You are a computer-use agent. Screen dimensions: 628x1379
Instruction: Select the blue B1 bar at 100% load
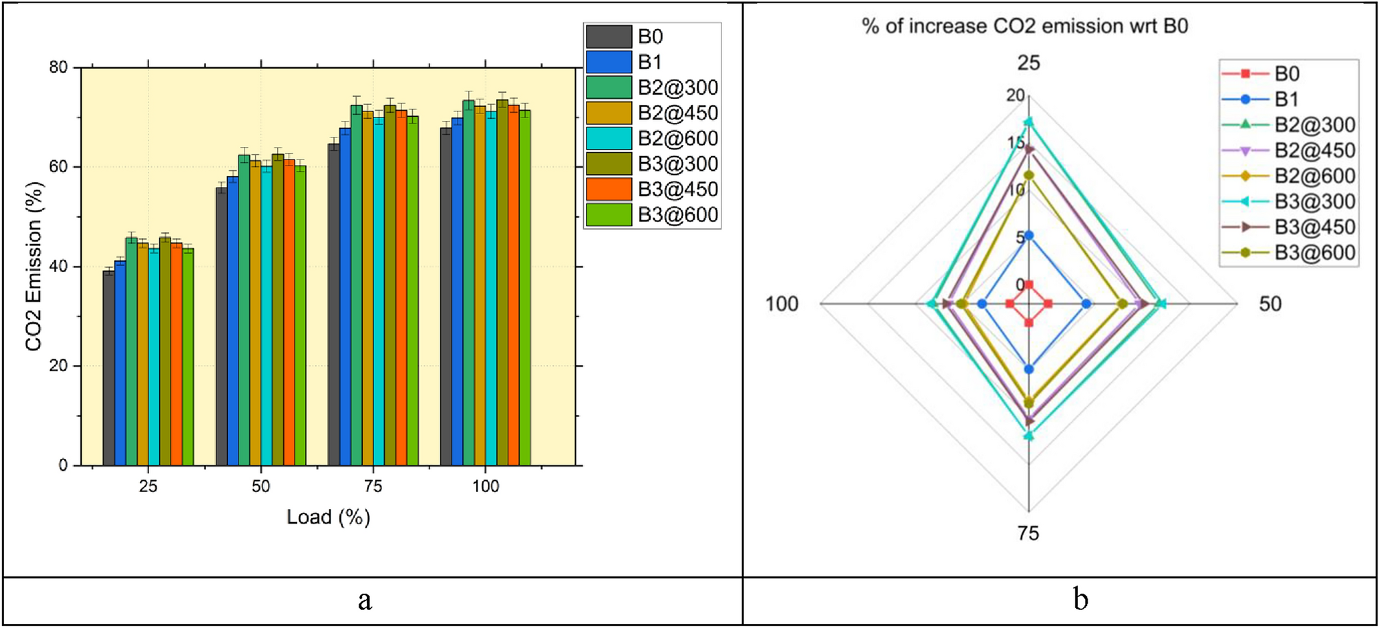[457, 292]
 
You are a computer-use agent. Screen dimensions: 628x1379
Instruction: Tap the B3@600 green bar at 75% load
[412, 291]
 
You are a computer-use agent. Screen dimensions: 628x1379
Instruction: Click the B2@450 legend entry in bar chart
[677, 113]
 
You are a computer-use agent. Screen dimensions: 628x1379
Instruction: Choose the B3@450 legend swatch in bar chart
[609, 189]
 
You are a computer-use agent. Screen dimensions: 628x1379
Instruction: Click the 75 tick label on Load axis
[373, 486]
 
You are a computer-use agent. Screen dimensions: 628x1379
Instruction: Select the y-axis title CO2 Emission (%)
[34, 267]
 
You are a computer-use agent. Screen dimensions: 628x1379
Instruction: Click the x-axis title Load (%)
[328, 517]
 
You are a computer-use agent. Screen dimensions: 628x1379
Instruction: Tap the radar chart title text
[1025, 26]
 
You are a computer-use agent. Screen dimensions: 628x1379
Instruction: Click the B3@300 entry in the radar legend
[1314, 201]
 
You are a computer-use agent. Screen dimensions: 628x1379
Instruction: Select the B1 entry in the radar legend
[1286, 99]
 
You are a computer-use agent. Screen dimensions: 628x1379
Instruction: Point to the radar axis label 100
[782, 304]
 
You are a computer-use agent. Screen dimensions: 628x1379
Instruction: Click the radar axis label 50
[1270, 304]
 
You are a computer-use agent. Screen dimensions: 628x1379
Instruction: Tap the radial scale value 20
[1016, 95]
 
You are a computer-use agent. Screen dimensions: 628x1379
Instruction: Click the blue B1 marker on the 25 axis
[1029, 236]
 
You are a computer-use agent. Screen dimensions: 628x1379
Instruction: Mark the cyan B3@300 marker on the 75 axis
[1029, 436]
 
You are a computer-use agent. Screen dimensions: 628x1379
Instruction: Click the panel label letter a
[365, 600]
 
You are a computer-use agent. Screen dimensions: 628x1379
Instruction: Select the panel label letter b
[1081, 600]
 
